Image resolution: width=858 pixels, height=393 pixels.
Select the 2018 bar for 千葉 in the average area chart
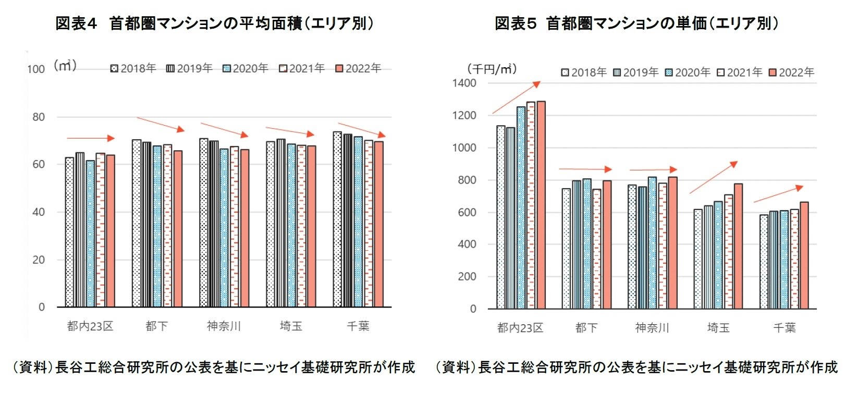click(337, 219)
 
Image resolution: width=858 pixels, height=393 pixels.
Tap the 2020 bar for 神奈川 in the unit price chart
click(652, 243)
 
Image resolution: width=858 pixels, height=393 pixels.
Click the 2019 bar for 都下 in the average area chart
click(146, 224)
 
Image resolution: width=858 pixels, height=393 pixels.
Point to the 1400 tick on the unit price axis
click(464, 83)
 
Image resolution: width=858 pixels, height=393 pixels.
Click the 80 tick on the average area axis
click(39, 117)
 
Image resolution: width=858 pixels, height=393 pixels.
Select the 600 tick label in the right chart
click(467, 213)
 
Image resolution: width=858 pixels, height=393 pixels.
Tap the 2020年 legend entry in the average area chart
click(246, 68)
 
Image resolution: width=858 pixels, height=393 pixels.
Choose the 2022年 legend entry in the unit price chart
click(792, 72)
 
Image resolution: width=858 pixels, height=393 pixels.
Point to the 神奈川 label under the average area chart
click(224, 326)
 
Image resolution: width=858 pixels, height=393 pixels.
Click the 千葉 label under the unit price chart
click(784, 328)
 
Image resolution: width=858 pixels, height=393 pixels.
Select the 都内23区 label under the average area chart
click(90, 326)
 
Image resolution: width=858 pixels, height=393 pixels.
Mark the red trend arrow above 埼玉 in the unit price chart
click(714, 178)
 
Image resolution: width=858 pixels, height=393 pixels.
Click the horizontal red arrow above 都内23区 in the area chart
click(90, 138)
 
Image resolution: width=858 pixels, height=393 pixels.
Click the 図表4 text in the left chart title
click(76, 23)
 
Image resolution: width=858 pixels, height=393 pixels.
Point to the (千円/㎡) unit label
click(492, 69)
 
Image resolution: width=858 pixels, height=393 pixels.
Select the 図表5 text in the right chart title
click(515, 23)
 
